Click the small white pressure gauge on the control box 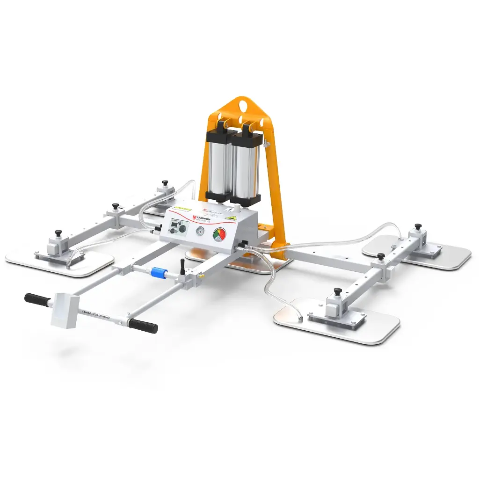tap(200, 232)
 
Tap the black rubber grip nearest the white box tap(36, 299)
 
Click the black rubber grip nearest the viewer tap(143, 326)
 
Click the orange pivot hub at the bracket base tap(280, 253)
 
